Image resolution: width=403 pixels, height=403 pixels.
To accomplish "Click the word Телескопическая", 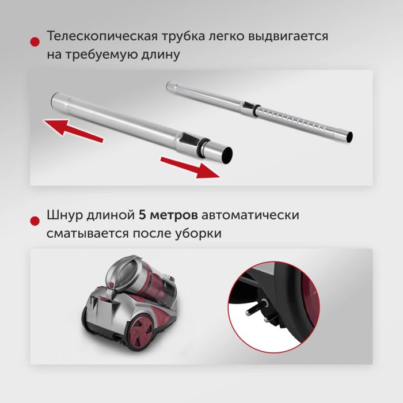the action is tap(101, 36).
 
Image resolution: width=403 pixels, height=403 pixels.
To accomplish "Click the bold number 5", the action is tap(142, 215).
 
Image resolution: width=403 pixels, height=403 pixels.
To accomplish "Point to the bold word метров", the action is tap(174, 216).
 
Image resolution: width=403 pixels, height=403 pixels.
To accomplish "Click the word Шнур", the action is tap(64, 215).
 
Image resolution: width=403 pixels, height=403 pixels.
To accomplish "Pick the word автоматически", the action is tap(250, 216).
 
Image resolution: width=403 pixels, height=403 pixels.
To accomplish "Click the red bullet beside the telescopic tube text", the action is tap(35, 42).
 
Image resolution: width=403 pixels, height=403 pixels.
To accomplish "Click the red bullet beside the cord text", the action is tap(35, 221).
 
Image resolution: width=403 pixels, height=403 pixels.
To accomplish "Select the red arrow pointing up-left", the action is tap(73, 131).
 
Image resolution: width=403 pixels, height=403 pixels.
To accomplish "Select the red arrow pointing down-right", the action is tap(190, 168).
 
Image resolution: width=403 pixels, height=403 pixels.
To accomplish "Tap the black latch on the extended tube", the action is tap(248, 105).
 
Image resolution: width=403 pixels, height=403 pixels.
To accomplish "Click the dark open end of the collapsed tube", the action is tap(227, 155).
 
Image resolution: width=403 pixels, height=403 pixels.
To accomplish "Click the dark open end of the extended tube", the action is tap(349, 136).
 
